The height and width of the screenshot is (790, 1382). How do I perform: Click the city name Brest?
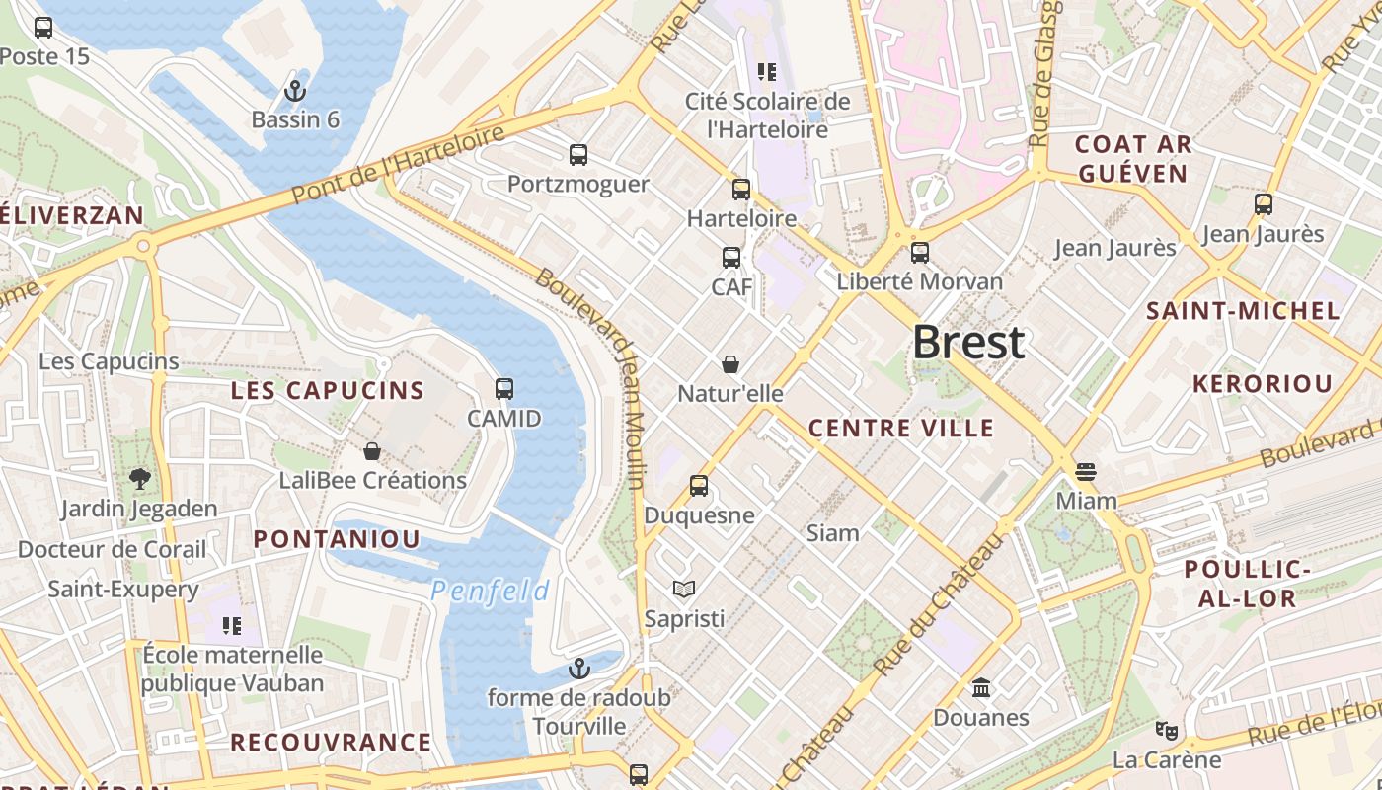[968, 343]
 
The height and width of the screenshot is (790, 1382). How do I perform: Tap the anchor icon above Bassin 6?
[294, 91]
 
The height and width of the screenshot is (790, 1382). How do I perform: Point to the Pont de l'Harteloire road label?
[399, 164]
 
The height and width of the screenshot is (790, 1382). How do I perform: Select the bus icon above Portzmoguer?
[578, 155]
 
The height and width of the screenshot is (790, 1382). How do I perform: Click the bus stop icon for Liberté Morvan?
[920, 253]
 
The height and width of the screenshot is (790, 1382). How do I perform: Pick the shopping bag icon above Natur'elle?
[730, 365]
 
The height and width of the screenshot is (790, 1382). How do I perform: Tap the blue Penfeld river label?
[491, 592]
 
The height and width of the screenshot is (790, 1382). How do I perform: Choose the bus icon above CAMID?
[504, 389]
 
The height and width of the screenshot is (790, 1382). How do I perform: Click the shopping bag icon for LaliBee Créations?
[372, 451]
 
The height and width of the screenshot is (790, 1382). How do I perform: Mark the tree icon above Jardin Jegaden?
[139, 479]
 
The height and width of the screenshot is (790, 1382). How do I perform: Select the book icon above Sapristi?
[683, 590]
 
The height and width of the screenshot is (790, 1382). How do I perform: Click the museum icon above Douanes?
[981, 687]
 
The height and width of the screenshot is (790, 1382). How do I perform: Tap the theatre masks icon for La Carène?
[1167, 731]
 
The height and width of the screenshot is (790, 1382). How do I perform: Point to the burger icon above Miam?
[1086, 471]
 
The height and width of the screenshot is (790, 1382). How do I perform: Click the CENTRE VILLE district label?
[901, 428]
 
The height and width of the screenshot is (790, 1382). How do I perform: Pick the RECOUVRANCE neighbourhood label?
[331, 742]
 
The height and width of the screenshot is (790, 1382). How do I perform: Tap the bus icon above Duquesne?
[699, 486]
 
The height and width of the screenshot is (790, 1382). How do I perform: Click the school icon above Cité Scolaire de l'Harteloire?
[767, 71]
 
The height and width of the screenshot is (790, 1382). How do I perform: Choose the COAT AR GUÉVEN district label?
[1132, 159]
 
